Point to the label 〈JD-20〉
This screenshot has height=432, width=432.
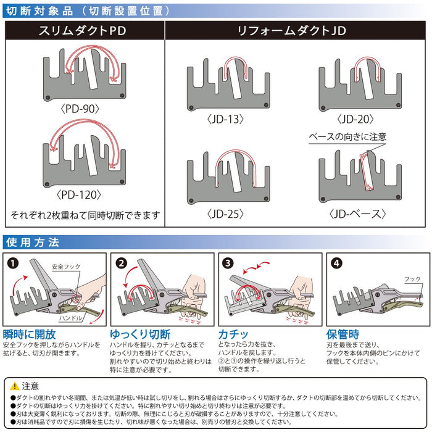coord(358,117)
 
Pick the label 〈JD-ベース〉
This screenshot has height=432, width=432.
coord(358,214)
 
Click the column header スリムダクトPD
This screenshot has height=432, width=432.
coord(84,30)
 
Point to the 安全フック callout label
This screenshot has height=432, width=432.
coord(66,267)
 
